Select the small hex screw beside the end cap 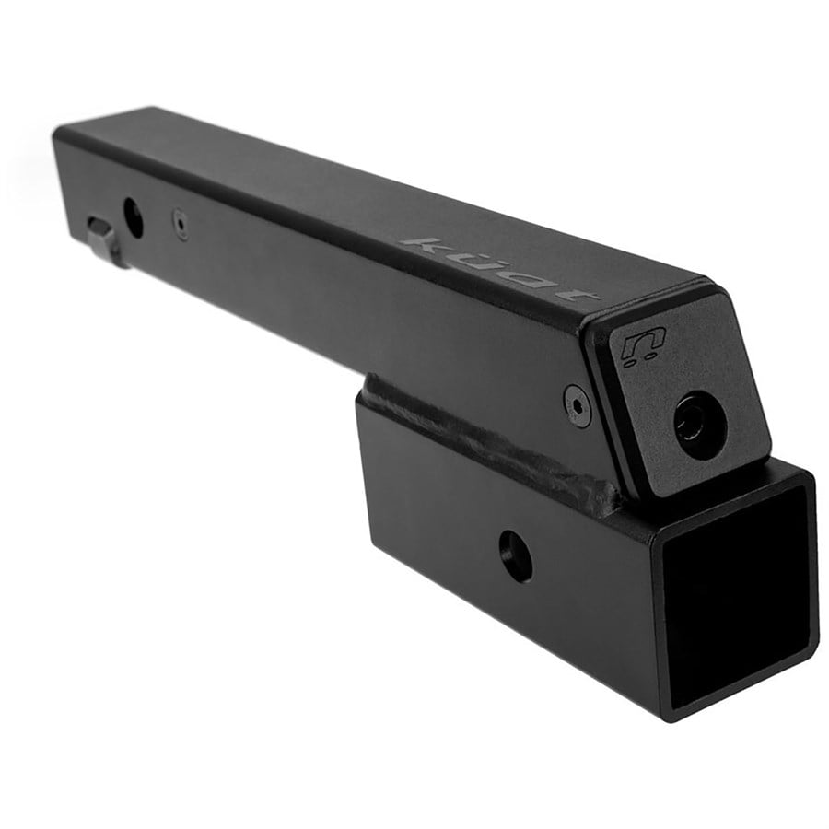pyautogui.click(x=578, y=404)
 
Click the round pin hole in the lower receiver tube pyautogui.click(x=516, y=555)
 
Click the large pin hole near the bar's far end pyautogui.click(x=134, y=217)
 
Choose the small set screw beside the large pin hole pyautogui.click(x=181, y=223)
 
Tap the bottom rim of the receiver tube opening pyautogui.click(x=746, y=686)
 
